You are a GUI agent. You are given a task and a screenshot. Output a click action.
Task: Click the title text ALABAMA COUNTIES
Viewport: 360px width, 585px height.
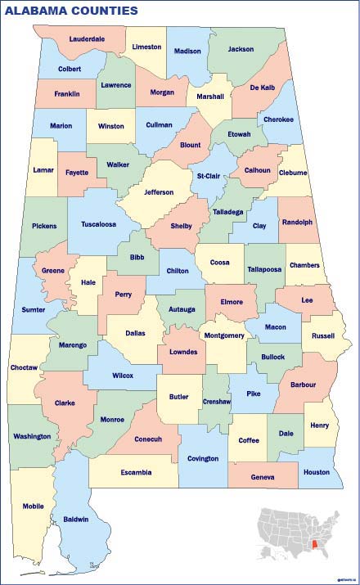[72, 11]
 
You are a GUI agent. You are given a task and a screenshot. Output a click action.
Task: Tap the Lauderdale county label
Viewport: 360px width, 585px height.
[87, 38]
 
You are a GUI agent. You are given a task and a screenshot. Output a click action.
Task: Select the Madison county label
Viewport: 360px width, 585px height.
[187, 51]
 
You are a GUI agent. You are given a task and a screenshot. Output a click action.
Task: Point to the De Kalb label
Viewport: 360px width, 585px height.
[262, 87]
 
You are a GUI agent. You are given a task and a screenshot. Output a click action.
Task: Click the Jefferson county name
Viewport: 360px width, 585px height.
[159, 192]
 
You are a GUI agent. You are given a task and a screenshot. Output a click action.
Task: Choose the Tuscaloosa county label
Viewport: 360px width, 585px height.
[97, 223]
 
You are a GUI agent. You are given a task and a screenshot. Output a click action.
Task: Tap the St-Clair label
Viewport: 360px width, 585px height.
[209, 175]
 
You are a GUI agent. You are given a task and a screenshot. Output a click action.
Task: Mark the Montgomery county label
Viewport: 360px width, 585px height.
[224, 335]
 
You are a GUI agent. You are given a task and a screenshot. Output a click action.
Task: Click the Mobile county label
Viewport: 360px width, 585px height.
[34, 506]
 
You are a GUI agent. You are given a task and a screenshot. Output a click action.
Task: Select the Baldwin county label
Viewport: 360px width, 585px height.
[76, 519]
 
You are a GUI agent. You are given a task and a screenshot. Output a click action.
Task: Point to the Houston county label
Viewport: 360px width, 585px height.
[316, 472]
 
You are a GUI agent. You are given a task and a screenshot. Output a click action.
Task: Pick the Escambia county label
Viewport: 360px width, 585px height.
[136, 472]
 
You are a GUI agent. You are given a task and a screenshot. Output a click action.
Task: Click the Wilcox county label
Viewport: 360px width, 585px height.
[122, 376]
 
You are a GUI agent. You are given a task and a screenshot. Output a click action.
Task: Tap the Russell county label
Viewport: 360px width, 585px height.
[323, 335]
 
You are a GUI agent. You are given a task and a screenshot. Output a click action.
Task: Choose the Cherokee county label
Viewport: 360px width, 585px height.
[277, 119]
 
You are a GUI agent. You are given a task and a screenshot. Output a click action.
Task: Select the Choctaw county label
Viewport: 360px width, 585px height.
[24, 367]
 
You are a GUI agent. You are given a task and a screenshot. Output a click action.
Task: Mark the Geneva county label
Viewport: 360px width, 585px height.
[263, 477]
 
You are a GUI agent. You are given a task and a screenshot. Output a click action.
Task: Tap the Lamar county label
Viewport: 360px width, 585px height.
[43, 169]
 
